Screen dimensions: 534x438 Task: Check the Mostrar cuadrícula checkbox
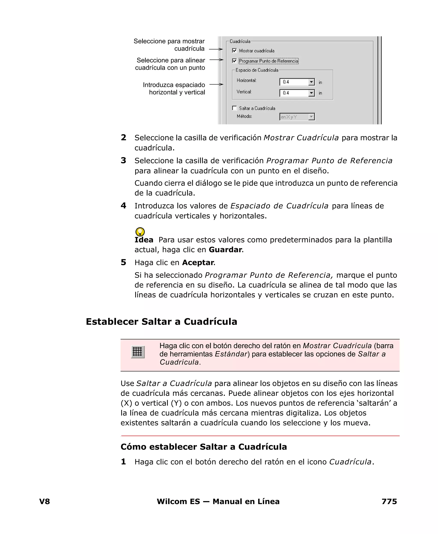(x=234, y=50)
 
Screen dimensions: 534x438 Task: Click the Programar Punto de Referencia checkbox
(x=234, y=61)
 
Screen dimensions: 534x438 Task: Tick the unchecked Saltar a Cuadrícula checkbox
(x=234, y=108)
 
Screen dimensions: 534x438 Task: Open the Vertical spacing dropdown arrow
(x=311, y=93)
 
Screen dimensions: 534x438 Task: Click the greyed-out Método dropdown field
(x=297, y=117)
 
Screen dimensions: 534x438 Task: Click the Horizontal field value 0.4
(x=286, y=82)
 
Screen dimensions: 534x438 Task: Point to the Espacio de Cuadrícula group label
(x=257, y=70)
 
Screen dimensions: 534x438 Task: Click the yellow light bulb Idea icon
(x=140, y=232)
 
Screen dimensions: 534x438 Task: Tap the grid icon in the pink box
(x=138, y=352)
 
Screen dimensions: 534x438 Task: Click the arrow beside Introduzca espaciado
(x=216, y=84)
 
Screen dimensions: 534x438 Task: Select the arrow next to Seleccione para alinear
(x=216, y=60)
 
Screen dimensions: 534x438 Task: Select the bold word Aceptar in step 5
(x=198, y=263)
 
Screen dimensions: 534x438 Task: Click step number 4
(x=123, y=206)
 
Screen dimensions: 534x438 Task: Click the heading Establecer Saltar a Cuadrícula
(x=161, y=322)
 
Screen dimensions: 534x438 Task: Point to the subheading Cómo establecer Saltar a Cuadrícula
(x=204, y=447)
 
